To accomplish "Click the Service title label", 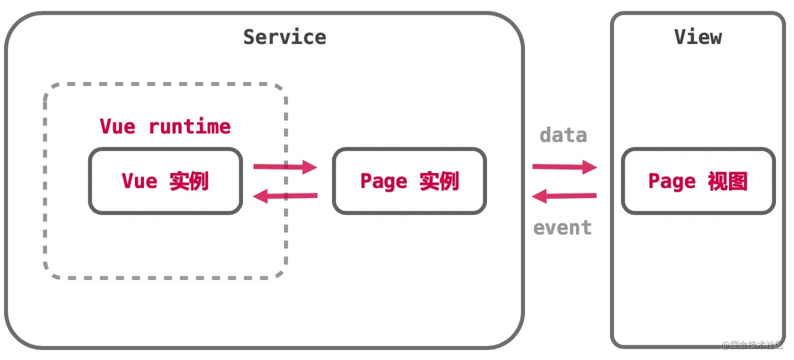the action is (x=285, y=37).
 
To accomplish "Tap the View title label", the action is (x=698, y=37).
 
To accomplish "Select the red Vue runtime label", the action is (x=165, y=126).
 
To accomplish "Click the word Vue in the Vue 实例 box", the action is (x=139, y=181).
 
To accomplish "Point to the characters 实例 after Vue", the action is (x=189, y=181).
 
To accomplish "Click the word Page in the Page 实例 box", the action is (x=384, y=182).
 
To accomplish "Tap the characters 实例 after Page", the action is (x=439, y=181).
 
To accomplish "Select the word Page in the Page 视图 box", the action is (x=672, y=182).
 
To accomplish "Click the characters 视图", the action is (x=728, y=181).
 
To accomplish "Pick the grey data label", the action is (x=563, y=135).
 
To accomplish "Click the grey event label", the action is (x=563, y=227).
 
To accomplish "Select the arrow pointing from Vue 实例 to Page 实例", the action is (x=285, y=167).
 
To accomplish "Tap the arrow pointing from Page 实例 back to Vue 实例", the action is (x=285, y=196).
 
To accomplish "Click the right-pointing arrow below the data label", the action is (x=565, y=167).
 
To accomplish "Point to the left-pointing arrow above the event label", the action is (x=564, y=196).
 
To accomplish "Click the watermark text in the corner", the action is (x=753, y=345).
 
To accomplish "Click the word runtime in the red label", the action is (x=190, y=126).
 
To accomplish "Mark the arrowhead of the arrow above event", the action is (x=539, y=196).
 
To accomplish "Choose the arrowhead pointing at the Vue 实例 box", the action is (x=260, y=196).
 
